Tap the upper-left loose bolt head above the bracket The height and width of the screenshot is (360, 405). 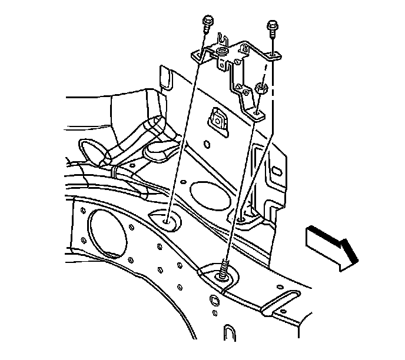(208, 25)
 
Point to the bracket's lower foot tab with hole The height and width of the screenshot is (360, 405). (257, 110)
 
